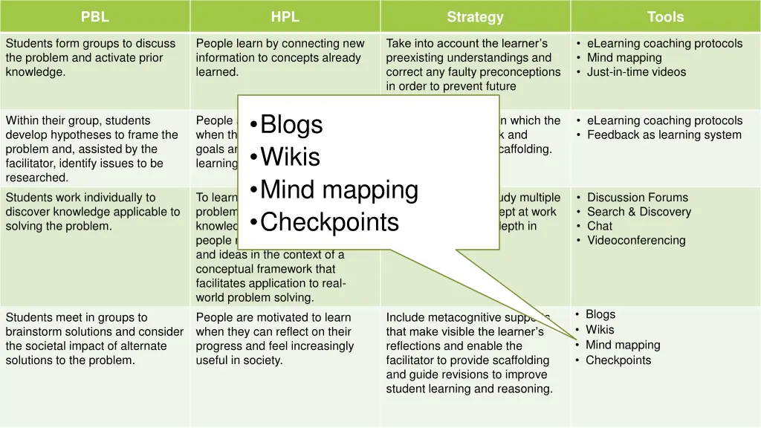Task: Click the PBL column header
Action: coord(94,17)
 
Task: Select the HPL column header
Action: coord(285,17)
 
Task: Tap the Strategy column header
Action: coord(475,17)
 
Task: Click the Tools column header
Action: coord(665,17)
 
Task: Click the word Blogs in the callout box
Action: coord(291,125)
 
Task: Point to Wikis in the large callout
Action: coord(290,158)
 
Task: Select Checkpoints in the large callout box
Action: coord(329,222)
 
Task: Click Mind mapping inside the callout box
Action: coord(339,190)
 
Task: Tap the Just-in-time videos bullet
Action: coord(636,72)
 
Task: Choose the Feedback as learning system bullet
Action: coord(664,134)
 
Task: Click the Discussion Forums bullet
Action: coord(637,198)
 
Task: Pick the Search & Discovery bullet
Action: coord(638,212)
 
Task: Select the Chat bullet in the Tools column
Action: coord(600,226)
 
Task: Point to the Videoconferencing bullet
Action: coord(636,240)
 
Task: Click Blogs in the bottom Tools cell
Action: coord(600,314)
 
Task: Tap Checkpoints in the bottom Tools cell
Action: coord(618,360)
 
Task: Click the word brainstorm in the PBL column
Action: coord(34,331)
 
